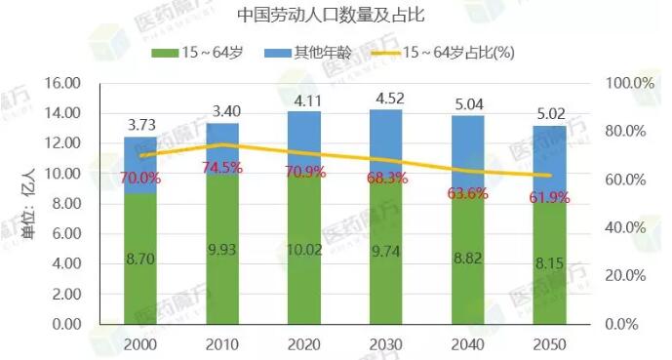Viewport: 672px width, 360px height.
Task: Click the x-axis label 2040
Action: (x=468, y=343)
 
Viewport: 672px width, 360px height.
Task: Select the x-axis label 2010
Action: (x=223, y=343)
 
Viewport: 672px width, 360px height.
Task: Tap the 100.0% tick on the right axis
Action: (x=629, y=83)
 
